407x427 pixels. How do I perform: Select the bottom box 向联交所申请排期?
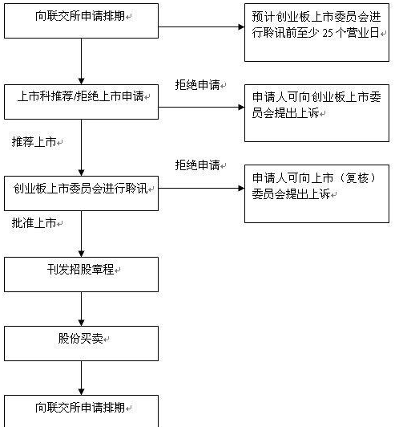tap(81, 409)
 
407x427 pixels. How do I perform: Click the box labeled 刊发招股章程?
tap(81, 273)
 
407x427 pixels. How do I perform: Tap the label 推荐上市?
tap(34, 141)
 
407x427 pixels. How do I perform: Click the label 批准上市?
tap(34, 223)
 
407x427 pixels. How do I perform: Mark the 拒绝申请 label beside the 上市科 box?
tap(196, 84)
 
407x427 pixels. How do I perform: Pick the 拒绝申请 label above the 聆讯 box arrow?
tap(196, 165)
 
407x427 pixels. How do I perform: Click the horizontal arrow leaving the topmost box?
tap(200, 27)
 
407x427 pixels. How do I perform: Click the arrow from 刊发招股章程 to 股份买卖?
tap(81, 308)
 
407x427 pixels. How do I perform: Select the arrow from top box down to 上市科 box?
tap(81, 60)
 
